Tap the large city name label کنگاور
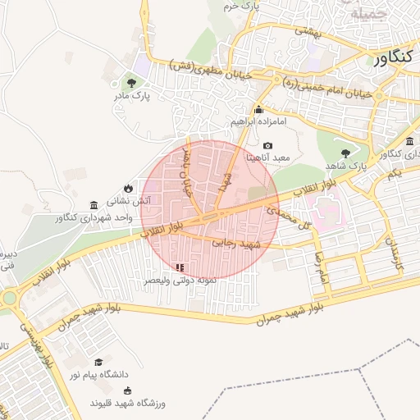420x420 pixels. click(x=395, y=59)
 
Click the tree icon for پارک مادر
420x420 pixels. click(x=131, y=82)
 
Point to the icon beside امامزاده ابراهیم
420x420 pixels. click(x=258, y=109)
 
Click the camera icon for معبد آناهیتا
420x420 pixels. click(x=267, y=145)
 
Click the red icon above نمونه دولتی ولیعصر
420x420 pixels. click(x=180, y=267)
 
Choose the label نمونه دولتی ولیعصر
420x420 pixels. click(x=181, y=281)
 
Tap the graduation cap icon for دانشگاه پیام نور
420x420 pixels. click(x=98, y=362)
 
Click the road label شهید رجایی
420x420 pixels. click(x=235, y=244)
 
